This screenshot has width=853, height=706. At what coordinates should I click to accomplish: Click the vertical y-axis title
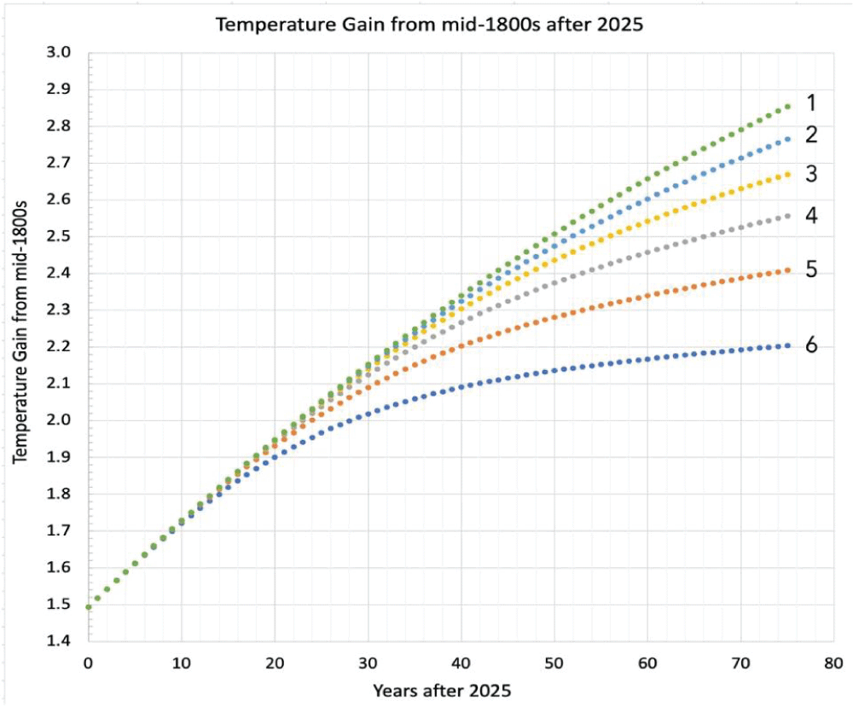click(x=21, y=345)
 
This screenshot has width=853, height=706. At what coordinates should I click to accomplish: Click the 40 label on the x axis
click(x=461, y=663)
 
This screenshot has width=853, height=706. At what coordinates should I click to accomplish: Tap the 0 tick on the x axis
click(x=88, y=663)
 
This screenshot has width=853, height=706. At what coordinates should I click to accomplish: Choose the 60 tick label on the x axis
click(x=647, y=663)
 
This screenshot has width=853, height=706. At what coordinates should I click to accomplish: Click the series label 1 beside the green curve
click(x=811, y=103)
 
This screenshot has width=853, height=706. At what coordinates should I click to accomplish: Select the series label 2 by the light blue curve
click(x=811, y=135)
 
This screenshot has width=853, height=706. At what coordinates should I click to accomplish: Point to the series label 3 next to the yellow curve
click(x=811, y=174)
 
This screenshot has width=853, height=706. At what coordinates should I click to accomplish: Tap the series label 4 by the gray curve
click(x=811, y=216)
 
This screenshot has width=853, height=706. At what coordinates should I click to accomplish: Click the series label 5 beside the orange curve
click(x=811, y=269)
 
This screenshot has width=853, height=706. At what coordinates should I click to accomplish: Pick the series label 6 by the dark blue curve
click(x=811, y=344)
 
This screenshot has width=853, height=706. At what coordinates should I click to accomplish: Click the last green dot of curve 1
click(x=787, y=107)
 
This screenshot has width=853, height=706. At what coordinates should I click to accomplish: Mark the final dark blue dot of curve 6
click(x=787, y=345)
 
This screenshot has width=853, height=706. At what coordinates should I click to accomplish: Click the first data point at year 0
click(x=88, y=607)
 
